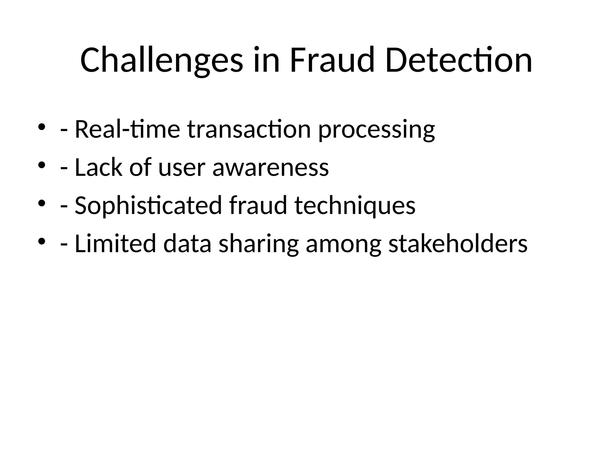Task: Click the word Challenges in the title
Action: tap(162, 60)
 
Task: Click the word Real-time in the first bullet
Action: tap(127, 129)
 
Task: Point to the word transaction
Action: tap(249, 129)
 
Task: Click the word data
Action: tap(187, 243)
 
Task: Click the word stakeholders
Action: tap(458, 243)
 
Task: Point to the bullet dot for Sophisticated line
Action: tap(41, 203)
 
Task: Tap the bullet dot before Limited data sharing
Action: tap(41, 241)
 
